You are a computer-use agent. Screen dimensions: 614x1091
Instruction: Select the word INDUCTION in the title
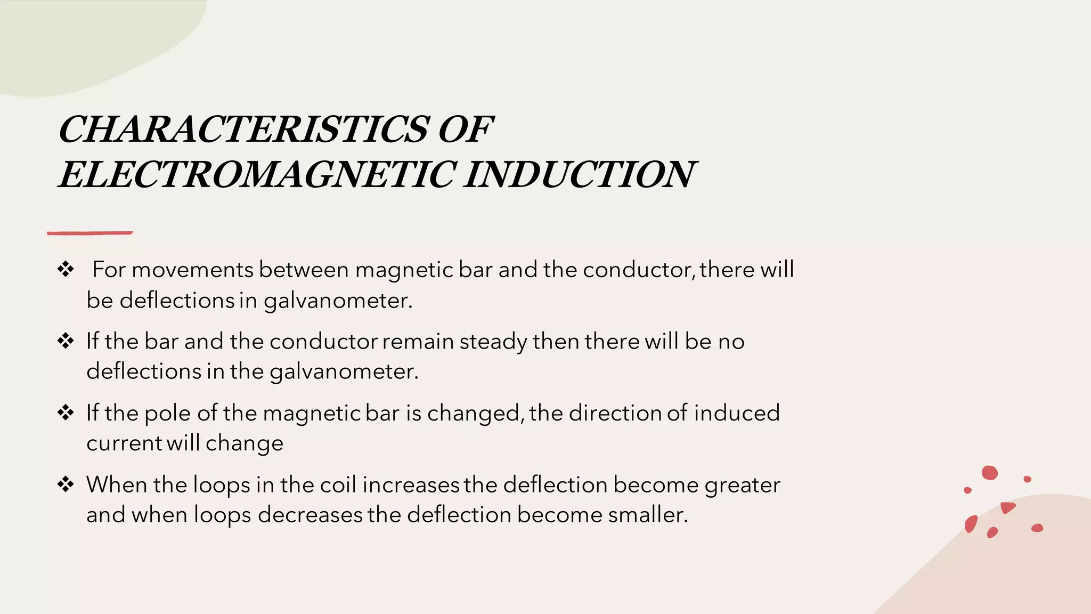(x=579, y=175)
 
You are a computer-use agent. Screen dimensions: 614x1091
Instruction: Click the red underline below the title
(x=89, y=233)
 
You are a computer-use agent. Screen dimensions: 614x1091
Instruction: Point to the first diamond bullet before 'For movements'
(x=66, y=269)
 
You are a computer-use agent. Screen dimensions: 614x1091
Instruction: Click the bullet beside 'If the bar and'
(x=66, y=341)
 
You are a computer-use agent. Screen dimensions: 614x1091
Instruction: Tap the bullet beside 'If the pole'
(x=66, y=413)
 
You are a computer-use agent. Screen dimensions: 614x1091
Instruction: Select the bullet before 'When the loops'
(x=66, y=484)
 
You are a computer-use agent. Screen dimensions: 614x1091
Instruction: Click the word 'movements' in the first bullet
(x=192, y=270)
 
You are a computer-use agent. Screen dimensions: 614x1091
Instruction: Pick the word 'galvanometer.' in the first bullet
(x=338, y=301)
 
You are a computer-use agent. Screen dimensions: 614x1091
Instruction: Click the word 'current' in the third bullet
(x=124, y=443)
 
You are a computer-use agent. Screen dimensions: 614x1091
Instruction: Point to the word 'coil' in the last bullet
(x=338, y=484)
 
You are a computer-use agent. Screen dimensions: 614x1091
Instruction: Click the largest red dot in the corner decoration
(x=989, y=473)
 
